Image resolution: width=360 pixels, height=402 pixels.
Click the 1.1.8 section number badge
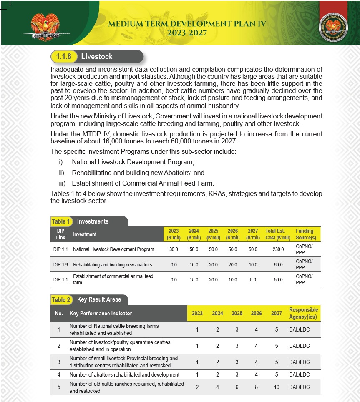64,57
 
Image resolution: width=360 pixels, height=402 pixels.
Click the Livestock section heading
97,57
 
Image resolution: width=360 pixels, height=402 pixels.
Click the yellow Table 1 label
61,221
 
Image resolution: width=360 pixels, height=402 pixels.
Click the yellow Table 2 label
61,300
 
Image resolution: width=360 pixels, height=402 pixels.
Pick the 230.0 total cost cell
277,249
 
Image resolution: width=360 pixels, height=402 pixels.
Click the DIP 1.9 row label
60,265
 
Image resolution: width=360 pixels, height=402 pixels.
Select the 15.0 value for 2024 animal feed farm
194,280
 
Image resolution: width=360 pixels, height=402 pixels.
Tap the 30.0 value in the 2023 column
174,249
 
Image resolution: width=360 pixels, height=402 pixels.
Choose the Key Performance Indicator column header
101,313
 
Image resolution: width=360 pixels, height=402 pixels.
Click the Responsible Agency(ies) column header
303,313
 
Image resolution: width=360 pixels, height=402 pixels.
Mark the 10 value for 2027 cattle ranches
277,387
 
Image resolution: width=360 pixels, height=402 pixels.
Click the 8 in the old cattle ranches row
256,387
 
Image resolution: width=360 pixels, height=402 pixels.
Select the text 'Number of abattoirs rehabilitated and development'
124,375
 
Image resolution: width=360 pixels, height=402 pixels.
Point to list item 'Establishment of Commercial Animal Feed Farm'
143,183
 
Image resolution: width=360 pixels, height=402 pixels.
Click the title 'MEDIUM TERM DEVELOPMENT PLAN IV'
187,24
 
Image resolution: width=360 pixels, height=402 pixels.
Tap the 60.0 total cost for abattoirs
277,265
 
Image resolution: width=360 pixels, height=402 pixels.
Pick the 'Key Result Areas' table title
99,299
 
